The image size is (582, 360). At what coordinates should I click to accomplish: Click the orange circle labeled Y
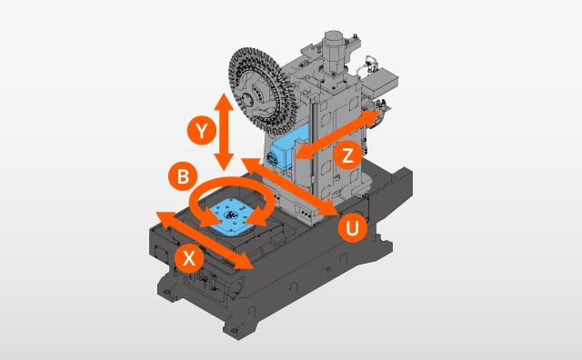point(202,131)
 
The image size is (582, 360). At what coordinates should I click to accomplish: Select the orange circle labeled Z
point(347,155)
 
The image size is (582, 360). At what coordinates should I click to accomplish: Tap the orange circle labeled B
point(183,176)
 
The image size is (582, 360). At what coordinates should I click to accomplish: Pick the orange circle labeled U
point(353,228)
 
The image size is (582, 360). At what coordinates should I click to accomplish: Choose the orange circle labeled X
point(189,258)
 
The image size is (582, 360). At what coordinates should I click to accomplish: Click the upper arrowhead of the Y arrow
point(224,102)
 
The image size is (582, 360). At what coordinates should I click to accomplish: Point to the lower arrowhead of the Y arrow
point(224,162)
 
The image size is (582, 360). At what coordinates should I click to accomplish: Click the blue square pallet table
point(231,217)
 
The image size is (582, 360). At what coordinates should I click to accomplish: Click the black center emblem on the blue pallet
point(231,215)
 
